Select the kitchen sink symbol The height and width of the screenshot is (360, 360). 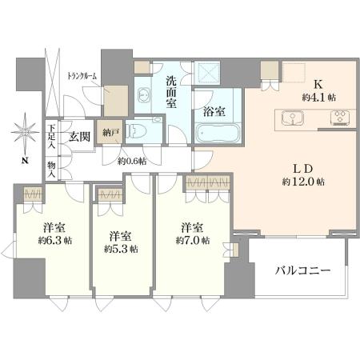[x=292, y=118]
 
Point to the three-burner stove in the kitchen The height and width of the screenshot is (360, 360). [x=340, y=118]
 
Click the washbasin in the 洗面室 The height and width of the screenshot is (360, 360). [x=144, y=94]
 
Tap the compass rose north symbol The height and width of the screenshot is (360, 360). [x=25, y=132]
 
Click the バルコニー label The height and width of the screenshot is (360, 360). [x=302, y=271]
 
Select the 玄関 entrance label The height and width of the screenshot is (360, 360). [x=80, y=137]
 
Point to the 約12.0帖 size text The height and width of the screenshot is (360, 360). [x=303, y=182]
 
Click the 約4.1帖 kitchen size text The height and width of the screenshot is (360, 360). [x=318, y=98]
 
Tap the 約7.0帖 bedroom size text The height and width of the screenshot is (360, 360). [x=193, y=240]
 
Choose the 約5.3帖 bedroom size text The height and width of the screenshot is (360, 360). [x=121, y=249]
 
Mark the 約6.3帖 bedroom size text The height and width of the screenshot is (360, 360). [x=55, y=241]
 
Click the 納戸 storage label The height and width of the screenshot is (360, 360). [x=109, y=133]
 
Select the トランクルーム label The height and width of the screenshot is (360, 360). [x=82, y=77]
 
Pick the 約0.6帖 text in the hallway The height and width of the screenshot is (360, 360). [x=132, y=161]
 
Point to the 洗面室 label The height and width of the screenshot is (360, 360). [x=171, y=92]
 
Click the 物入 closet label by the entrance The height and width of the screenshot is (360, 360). [x=51, y=170]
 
